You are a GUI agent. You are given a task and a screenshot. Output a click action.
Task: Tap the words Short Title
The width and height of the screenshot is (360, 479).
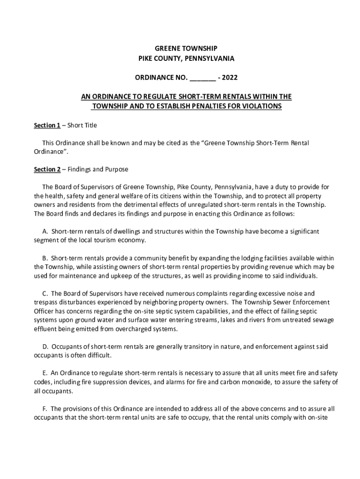(x=82, y=125)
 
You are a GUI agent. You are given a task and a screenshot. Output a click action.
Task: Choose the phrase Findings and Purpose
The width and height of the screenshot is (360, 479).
(x=98, y=169)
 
